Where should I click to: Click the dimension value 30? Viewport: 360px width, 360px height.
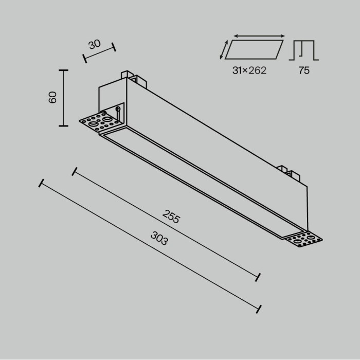[95, 44]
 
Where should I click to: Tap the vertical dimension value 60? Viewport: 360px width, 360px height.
[52, 97]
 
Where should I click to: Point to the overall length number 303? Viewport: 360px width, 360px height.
[159, 238]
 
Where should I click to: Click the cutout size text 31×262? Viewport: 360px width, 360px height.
[249, 70]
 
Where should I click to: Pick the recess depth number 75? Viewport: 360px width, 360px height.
[304, 70]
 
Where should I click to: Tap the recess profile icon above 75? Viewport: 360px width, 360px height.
[304, 50]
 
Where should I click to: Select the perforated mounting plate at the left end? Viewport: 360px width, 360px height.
[100, 122]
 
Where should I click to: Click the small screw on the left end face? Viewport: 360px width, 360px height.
[118, 109]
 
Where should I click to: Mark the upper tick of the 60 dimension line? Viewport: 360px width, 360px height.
[64, 69]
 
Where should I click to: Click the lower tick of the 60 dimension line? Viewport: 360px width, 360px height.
[64, 125]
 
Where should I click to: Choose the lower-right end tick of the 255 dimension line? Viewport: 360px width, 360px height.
[258, 277]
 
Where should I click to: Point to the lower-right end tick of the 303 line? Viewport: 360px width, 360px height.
[260, 309]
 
